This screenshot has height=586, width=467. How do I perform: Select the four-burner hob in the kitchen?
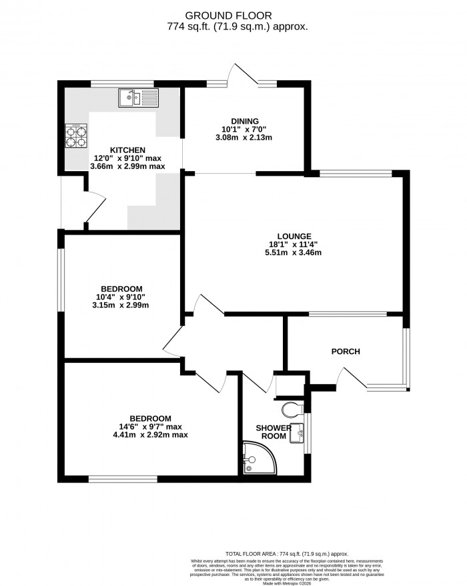pos(75,136)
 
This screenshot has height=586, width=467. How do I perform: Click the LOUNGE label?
pos(295,236)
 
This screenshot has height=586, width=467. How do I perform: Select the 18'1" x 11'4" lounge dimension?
pos(295,245)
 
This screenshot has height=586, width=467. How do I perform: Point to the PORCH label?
pos(346,351)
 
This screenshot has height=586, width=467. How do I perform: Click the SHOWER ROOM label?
pos(274,432)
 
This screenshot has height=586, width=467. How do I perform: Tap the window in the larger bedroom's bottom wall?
pos(123,478)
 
